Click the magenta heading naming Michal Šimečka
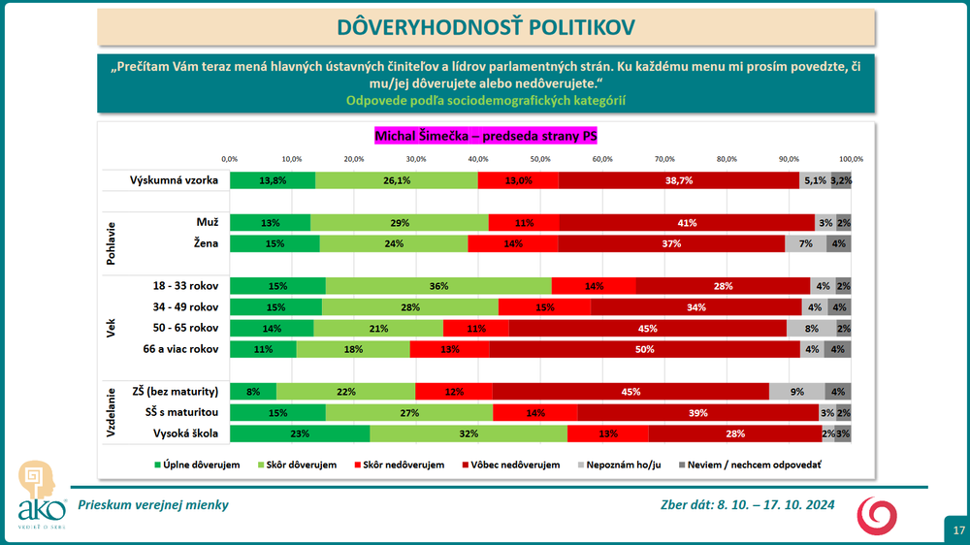point(485,137)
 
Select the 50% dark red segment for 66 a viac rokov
point(644,349)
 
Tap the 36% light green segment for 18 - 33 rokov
point(438,285)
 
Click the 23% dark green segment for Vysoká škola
point(300,433)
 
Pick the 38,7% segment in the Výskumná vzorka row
point(679,180)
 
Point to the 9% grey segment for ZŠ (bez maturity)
point(796,392)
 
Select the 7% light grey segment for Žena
point(805,244)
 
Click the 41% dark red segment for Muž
point(687,223)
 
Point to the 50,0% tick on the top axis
point(540,158)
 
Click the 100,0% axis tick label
point(851,158)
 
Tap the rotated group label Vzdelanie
point(112,412)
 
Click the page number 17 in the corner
point(957,530)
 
